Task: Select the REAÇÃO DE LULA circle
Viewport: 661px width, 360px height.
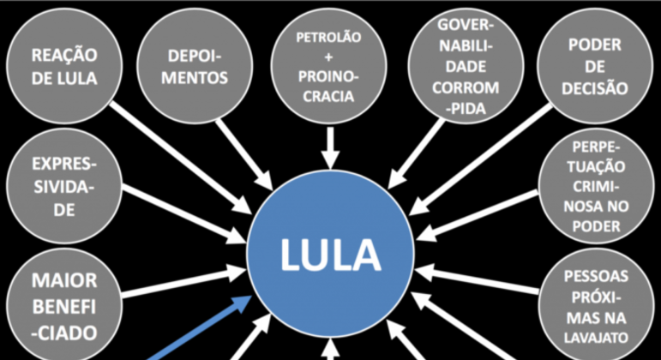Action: click(64, 66)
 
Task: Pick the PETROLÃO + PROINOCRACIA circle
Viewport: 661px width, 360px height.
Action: click(329, 67)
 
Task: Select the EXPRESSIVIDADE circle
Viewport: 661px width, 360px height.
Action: click(64, 185)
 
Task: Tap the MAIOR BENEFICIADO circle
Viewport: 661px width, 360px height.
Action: click(64, 305)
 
